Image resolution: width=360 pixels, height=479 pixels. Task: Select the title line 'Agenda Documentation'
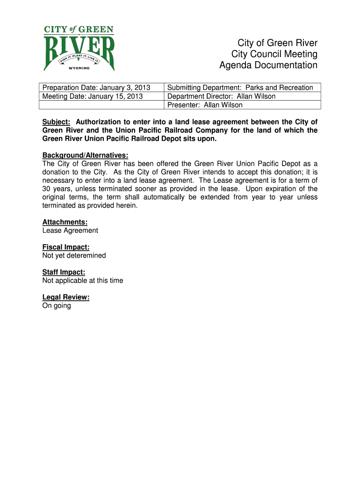(x=268, y=65)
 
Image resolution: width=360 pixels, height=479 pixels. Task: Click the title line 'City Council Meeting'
(x=274, y=55)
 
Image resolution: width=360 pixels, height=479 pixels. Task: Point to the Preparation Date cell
(x=96, y=88)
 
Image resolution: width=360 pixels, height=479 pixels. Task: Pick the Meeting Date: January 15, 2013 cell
(x=93, y=96)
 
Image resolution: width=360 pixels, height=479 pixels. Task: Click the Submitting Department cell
(x=240, y=88)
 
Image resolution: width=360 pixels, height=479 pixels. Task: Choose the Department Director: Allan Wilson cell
(x=222, y=96)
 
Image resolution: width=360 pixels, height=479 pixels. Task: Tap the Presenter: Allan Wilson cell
(x=205, y=105)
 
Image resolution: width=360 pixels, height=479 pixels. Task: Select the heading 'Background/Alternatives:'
(x=85, y=155)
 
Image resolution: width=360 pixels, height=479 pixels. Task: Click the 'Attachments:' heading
(x=65, y=222)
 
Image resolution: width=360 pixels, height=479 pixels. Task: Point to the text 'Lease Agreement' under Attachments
(x=70, y=231)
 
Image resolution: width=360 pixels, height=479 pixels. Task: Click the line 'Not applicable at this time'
(x=83, y=281)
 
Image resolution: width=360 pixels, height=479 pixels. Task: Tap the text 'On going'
(x=57, y=305)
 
